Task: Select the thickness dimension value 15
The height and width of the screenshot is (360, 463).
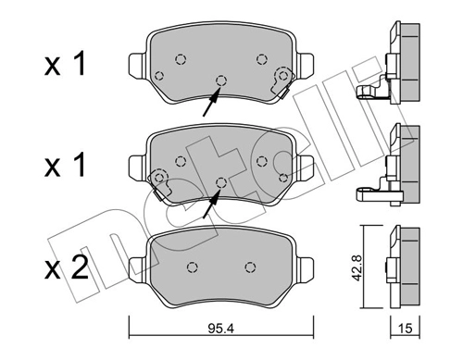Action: click(405, 327)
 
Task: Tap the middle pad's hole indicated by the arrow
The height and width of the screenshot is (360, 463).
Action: click(220, 180)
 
